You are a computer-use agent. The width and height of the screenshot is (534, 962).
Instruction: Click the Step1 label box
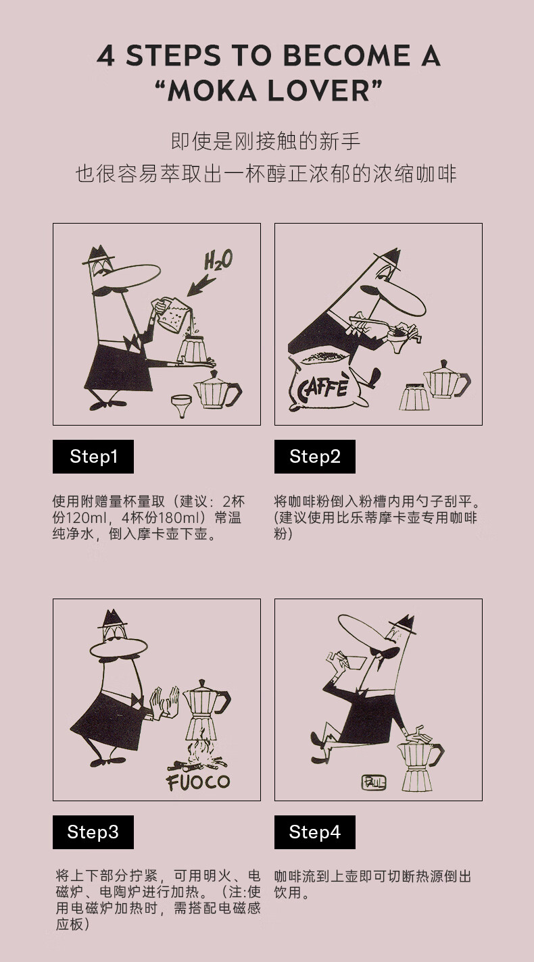[93, 457]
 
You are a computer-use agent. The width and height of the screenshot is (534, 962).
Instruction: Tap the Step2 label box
[315, 457]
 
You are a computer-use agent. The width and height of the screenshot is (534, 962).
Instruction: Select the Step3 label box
[93, 832]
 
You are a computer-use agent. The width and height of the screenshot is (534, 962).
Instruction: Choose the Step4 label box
[315, 832]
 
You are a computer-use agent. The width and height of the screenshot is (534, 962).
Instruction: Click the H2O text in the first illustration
[218, 260]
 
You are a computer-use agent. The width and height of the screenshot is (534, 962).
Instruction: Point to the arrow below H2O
[201, 285]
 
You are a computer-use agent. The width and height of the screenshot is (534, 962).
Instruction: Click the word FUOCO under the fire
[198, 782]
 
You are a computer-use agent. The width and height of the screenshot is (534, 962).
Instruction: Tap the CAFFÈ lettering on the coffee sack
[322, 388]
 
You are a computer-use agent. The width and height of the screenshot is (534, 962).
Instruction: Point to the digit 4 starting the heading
[105, 56]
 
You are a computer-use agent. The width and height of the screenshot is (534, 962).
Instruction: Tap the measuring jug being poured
[171, 315]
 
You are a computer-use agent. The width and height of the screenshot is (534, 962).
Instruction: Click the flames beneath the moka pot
[199, 754]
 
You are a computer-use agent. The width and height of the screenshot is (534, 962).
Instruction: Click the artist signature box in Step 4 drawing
[373, 782]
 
